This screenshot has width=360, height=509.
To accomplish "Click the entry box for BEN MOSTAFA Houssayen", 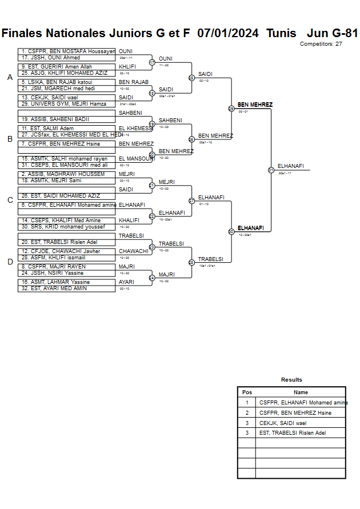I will click(66, 51).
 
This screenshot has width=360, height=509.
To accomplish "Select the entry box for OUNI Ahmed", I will click(66, 58).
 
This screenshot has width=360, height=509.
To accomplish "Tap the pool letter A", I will click(10, 78).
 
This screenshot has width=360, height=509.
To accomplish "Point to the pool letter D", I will click(10, 262).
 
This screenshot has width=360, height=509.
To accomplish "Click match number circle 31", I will click(271, 170).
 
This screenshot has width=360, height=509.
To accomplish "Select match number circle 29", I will click(231, 109).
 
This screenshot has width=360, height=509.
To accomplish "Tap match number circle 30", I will click(231, 231).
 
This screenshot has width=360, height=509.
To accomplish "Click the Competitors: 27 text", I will click(321, 44).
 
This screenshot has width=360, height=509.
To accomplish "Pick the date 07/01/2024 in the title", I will click(227, 33).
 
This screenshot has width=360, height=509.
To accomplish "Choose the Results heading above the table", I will click(291, 380).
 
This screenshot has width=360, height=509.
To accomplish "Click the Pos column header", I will click(247, 392).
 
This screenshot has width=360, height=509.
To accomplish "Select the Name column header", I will click(301, 392).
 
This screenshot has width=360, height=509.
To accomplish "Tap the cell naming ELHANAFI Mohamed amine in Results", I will click(301, 403).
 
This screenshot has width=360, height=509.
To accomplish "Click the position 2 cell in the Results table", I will click(247, 413).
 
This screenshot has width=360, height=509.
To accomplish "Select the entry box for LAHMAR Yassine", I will click(66, 282).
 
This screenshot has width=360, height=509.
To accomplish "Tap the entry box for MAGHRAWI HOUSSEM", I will click(66, 174).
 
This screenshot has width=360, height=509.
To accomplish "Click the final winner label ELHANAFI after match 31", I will click(290, 166).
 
